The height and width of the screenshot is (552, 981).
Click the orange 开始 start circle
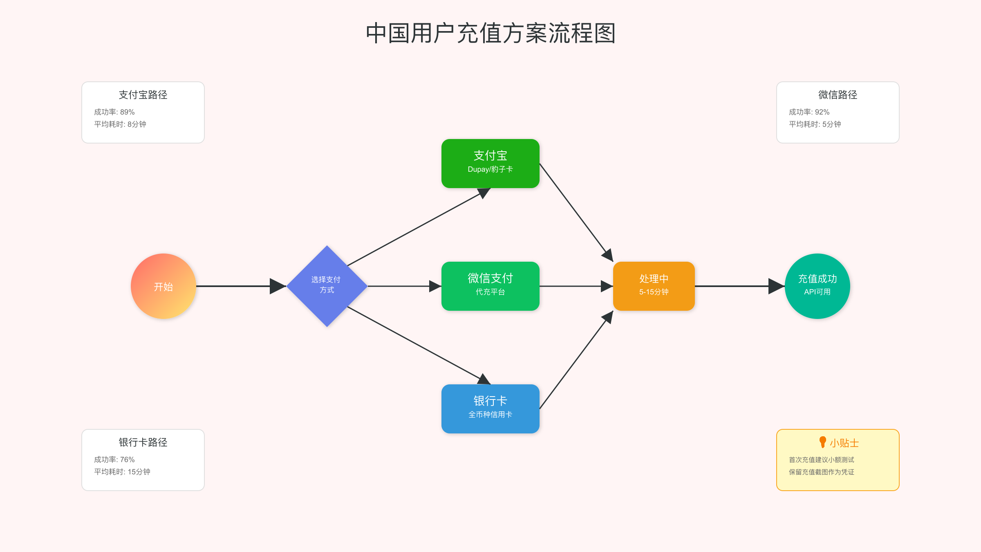[163, 286]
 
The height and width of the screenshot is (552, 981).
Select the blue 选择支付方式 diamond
[327, 286]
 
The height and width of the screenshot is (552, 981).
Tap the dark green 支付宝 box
[490, 163]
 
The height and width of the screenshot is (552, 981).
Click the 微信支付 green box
[490, 286]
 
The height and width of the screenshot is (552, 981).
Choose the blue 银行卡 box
[490, 408]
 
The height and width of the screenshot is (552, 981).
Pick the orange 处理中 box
[654, 286]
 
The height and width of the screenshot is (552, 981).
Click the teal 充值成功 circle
[817, 286]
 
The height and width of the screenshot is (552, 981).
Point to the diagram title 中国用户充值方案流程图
[490, 33]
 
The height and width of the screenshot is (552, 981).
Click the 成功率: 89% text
[114, 112]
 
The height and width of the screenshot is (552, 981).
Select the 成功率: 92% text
[809, 112]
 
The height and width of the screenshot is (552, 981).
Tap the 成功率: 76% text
[114, 460]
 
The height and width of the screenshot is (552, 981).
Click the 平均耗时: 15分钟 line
[122, 472]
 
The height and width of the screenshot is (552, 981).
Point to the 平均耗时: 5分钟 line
[815, 124]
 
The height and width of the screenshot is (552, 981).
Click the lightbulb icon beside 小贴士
[822, 442]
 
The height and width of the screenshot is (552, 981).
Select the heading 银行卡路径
[143, 442]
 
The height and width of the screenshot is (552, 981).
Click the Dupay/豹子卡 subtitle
[490, 169]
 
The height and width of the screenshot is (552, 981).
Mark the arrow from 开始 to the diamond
[237, 286]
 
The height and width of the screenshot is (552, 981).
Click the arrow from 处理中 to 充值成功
[736, 286]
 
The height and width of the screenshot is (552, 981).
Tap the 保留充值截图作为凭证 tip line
[821, 472]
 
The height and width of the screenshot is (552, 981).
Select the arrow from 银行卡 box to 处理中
[576, 360]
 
